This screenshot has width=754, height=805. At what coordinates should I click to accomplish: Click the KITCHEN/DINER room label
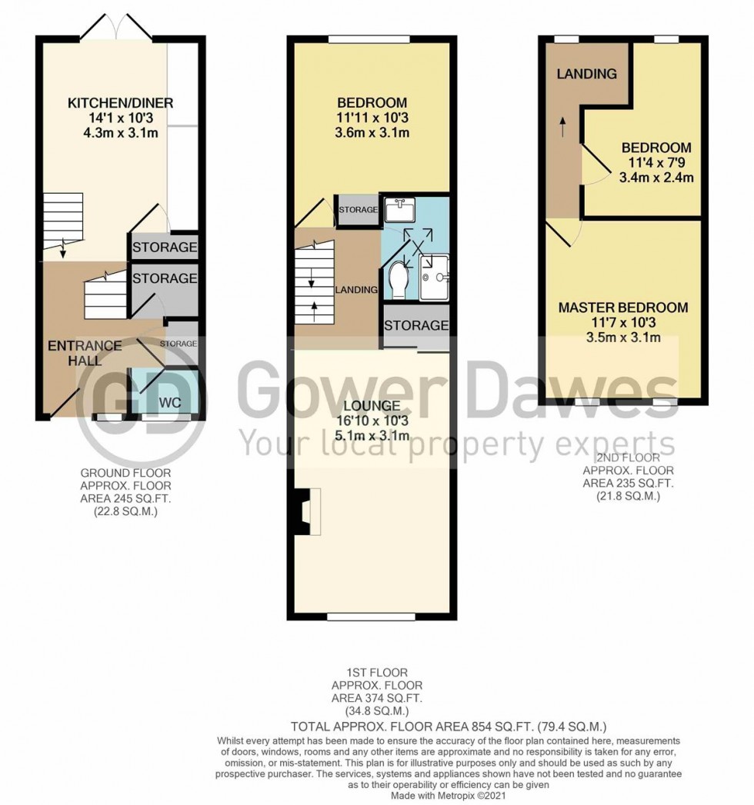point(120,103)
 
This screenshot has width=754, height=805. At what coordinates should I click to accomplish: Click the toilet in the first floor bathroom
point(400,279)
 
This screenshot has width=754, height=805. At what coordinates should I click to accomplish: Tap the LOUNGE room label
point(372,406)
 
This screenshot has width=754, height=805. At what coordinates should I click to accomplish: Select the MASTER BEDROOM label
point(623,308)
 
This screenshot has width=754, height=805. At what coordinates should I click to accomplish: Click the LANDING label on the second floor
point(587,75)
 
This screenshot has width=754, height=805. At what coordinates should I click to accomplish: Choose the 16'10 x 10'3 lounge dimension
point(372,421)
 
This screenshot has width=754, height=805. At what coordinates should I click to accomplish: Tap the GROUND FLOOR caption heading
point(126,474)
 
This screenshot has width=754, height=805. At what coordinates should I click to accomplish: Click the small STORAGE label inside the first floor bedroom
point(359,210)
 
